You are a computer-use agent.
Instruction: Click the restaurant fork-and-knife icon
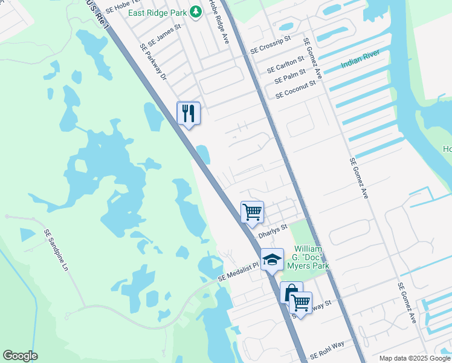[x=189, y=113]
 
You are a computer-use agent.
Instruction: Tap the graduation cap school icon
[x=272, y=260]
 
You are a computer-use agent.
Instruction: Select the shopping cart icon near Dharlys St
[x=252, y=212]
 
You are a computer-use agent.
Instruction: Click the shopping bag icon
[x=291, y=293]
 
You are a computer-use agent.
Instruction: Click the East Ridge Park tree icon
[x=195, y=11]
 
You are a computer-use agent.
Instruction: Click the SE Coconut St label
[x=295, y=91]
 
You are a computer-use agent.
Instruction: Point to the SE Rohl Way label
[x=327, y=350]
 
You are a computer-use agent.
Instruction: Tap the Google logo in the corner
[x=21, y=356]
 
